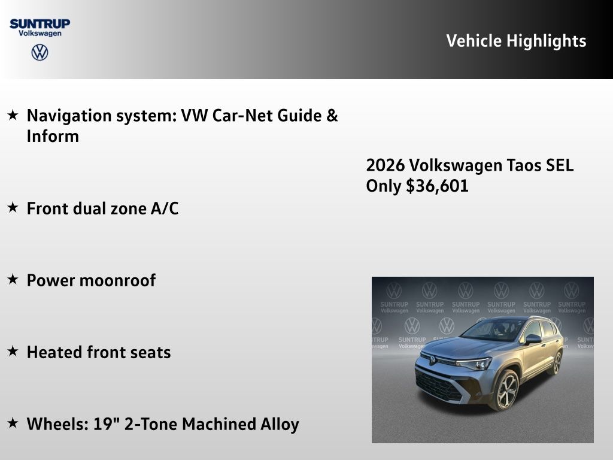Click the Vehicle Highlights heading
516,41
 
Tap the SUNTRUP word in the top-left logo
40,23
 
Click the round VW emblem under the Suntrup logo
40,53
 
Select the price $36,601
437,186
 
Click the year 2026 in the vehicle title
384,165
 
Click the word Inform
53,137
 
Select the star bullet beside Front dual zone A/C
13,208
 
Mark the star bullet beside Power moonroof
13,280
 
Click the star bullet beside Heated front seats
13,352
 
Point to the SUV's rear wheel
557,363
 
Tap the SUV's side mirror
532,339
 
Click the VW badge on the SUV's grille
432,359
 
